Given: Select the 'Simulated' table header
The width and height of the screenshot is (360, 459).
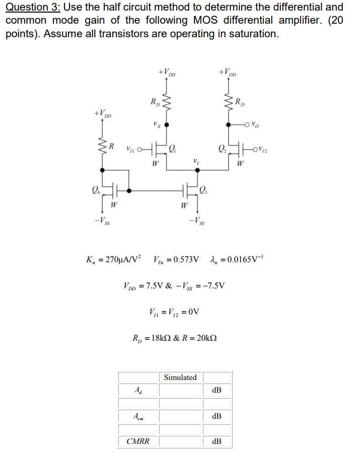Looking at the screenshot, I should pyautogui.click(x=181, y=377).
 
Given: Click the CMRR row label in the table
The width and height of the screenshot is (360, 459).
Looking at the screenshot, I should pyautogui.click(x=137, y=441).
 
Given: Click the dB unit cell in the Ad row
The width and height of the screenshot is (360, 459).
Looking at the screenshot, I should pyautogui.click(x=217, y=390).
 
